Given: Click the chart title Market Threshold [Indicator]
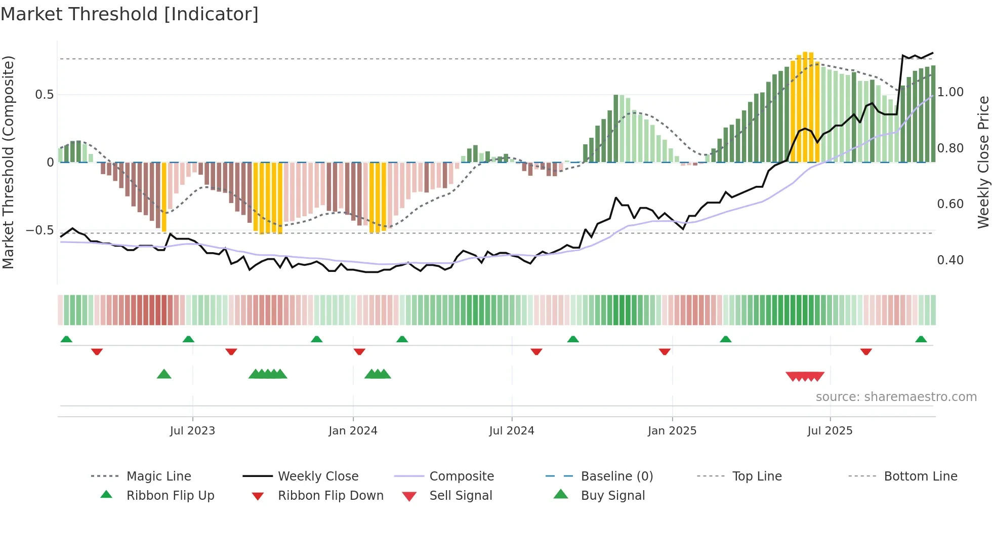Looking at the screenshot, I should pos(130,14).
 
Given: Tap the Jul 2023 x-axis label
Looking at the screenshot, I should pos(192,431).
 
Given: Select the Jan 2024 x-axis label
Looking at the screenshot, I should pos(353,431).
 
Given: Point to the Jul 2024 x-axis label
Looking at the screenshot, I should pos(512,431).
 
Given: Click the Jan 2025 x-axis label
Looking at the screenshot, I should pos(672,431).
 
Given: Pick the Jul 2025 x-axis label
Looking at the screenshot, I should pos(830,431).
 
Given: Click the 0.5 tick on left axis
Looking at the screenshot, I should pos(44,95).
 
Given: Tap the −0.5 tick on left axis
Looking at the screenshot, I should pos(39,230).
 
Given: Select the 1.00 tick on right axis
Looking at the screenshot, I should pos(950,92).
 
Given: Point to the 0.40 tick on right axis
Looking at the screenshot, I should pos(950,260).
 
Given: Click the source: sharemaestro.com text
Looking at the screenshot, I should pos(896,397).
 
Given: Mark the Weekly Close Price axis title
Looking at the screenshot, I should pos(983,162).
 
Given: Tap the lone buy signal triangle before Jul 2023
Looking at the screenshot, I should pos(164,374).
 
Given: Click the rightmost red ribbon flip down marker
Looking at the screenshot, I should pos(866,351).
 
